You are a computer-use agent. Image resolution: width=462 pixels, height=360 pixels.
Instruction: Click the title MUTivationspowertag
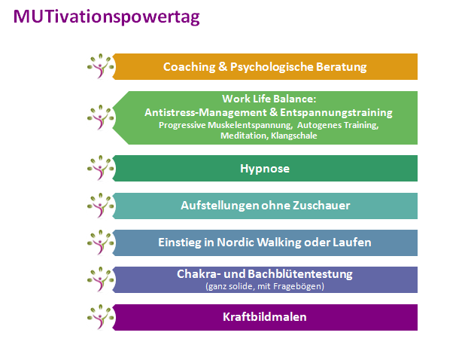coord(106,17)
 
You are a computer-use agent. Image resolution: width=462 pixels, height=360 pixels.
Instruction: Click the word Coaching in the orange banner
coord(190,67)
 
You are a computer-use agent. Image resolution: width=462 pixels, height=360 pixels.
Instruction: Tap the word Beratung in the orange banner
coord(341,67)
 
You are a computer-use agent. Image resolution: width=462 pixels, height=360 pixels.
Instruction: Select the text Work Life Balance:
coord(269,99)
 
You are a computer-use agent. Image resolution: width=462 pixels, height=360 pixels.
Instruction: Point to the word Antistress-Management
coord(205,112)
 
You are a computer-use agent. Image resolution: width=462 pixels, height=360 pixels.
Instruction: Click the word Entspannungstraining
coord(336,113)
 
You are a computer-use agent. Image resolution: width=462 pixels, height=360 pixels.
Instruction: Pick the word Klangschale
coord(294,136)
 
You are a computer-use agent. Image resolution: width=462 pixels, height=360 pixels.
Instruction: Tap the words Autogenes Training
coord(338,125)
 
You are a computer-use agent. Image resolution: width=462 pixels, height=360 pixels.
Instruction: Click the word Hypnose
coord(265,169)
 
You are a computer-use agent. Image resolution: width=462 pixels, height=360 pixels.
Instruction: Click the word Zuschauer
coord(321,205)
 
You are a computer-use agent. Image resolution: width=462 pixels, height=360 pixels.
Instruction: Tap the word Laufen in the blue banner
coord(352,243)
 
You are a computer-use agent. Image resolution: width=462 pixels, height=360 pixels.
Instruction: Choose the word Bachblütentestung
coord(300,274)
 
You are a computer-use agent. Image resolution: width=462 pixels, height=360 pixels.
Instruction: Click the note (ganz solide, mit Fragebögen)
coord(265,286)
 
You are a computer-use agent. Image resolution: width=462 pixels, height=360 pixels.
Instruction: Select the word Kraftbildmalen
coord(265,317)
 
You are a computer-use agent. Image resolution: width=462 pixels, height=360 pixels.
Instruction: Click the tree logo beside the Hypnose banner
coord(101,168)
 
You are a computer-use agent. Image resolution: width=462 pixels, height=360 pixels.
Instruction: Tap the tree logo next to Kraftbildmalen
coord(101,316)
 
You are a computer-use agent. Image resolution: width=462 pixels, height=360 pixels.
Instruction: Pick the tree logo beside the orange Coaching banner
coord(101,66)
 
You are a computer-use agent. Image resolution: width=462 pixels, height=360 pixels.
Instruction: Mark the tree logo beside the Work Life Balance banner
coord(101,117)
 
